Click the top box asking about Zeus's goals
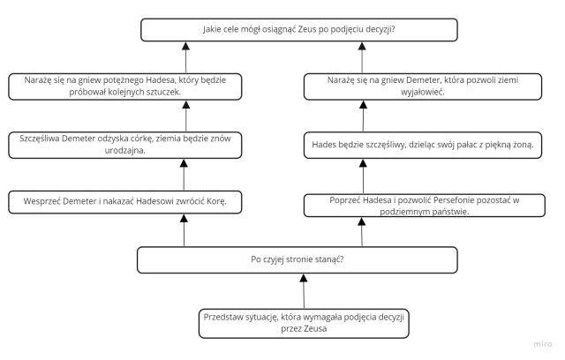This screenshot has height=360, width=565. tap(299, 30)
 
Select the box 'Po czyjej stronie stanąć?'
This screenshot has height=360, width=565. tap(298, 260)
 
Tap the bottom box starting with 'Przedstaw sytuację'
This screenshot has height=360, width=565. tap(304, 323)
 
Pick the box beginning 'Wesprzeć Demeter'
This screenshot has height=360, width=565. tap(125, 202)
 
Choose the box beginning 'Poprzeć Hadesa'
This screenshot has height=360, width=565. tap(425, 206)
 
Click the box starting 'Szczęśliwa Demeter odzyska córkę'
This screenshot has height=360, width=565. tap(125, 145)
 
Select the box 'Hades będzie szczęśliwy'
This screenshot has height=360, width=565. tap(423, 145)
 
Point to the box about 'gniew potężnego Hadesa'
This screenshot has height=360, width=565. tap(125, 86)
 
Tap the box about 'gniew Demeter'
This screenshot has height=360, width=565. tap(423, 86)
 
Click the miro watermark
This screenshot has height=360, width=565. tap(543, 344)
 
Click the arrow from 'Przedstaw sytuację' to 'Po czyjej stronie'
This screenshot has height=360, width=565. tap(304, 291)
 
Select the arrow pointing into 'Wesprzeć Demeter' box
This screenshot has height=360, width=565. tap(185, 230)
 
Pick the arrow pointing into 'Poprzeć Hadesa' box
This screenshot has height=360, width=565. tap(362, 232)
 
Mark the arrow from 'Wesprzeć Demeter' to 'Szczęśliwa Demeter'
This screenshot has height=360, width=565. tap(184, 175)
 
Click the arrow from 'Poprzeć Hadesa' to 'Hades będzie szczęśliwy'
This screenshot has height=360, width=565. tap(363, 176)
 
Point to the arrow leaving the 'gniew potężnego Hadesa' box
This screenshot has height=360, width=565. tap(186, 57)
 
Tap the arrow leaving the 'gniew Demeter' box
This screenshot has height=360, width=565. tap(362, 57)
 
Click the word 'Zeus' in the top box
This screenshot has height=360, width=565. tap(307, 29)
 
